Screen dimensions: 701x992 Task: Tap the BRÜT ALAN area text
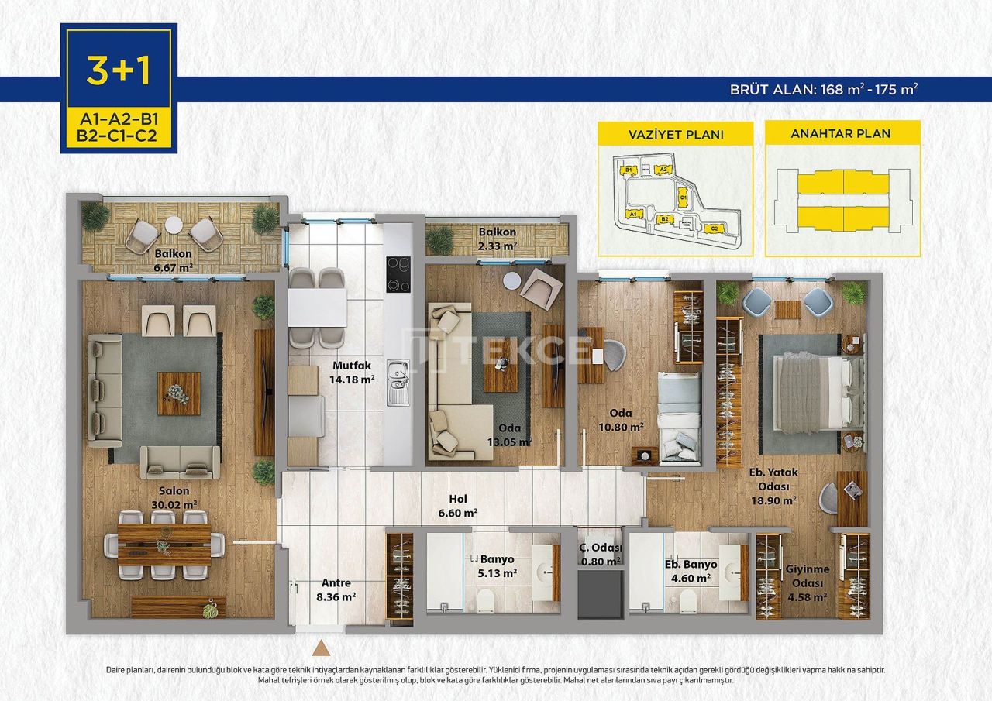[x=824, y=88]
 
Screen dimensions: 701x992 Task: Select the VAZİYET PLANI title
[x=675, y=134]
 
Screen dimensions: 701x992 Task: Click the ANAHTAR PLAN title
[x=842, y=133]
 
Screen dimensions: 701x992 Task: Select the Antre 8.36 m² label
[x=336, y=589]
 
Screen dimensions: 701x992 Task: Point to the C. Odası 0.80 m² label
[x=601, y=554]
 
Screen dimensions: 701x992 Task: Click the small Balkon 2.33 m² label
[x=497, y=238]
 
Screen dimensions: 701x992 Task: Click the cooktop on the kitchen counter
[x=398, y=274]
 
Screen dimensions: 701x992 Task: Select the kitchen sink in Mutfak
[x=398, y=383]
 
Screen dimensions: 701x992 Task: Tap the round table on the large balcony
[x=174, y=225]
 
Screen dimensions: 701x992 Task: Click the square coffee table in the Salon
[x=178, y=393]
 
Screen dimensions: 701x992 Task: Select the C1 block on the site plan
[x=683, y=197]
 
